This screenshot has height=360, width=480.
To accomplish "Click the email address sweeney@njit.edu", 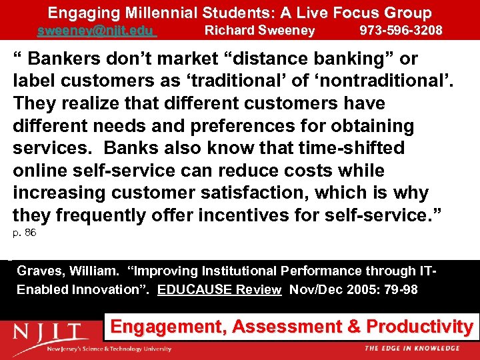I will click(x=96, y=31).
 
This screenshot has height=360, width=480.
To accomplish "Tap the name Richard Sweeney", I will click(x=259, y=31).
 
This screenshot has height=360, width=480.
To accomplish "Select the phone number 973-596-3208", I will click(x=401, y=31).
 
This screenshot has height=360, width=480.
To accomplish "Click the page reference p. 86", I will click(x=25, y=233).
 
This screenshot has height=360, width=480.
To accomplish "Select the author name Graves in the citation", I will click(x=37, y=271).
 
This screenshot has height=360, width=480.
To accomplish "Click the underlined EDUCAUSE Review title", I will click(x=219, y=290).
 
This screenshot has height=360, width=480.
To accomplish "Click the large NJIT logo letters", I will click(x=49, y=331).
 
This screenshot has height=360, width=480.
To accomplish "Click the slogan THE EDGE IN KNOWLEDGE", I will click(x=411, y=348).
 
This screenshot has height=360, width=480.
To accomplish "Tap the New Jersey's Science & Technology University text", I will click(x=108, y=349).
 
